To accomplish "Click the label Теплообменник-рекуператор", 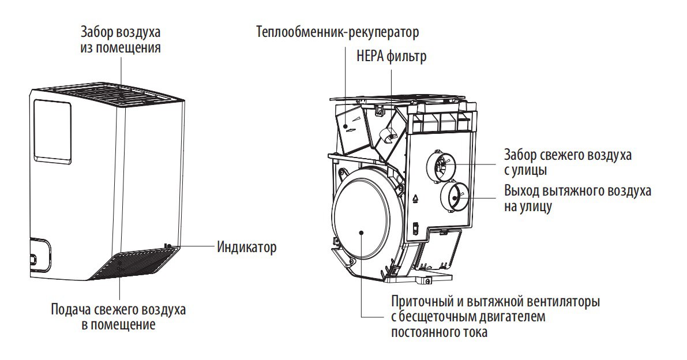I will (x=337, y=32).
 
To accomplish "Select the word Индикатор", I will (x=246, y=247).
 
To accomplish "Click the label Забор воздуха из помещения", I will (x=121, y=39).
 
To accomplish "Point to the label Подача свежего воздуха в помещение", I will (x=118, y=317).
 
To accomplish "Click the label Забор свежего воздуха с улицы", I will (x=568, y=163).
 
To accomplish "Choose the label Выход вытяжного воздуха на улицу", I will (x=577, y=198).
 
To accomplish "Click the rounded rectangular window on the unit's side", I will (x=52, y=129).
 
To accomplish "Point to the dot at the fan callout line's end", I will (x=361, y=232).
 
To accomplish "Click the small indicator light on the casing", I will (x=168, y=246).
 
